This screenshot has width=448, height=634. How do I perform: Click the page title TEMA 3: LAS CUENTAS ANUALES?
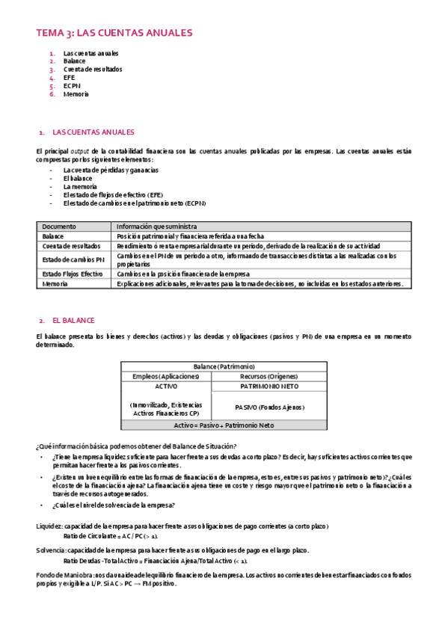[x=114, y=33]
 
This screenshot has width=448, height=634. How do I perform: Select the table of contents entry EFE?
[x=70, y=78]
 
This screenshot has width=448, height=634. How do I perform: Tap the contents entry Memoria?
[x=76, y=94]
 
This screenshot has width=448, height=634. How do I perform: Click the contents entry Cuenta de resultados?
[x=93, y=70]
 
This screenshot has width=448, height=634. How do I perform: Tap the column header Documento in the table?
[x=59, y=227]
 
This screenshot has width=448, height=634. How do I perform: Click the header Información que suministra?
[x=156, y=227]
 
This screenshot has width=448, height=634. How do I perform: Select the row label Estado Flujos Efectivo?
[x=73, y=274]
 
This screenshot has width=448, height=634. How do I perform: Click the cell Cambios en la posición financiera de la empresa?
[x=193, y=274]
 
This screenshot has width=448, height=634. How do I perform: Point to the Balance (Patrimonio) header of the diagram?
[x=224, y=367]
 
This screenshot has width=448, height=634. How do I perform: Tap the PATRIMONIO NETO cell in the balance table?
[x=269, y=387]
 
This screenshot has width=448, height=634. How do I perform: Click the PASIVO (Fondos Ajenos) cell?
[x=269, y=407]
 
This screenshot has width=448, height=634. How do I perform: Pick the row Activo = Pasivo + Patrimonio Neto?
[x=224, y=425]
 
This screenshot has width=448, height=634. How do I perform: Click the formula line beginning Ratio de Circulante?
[x=111, y=536]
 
